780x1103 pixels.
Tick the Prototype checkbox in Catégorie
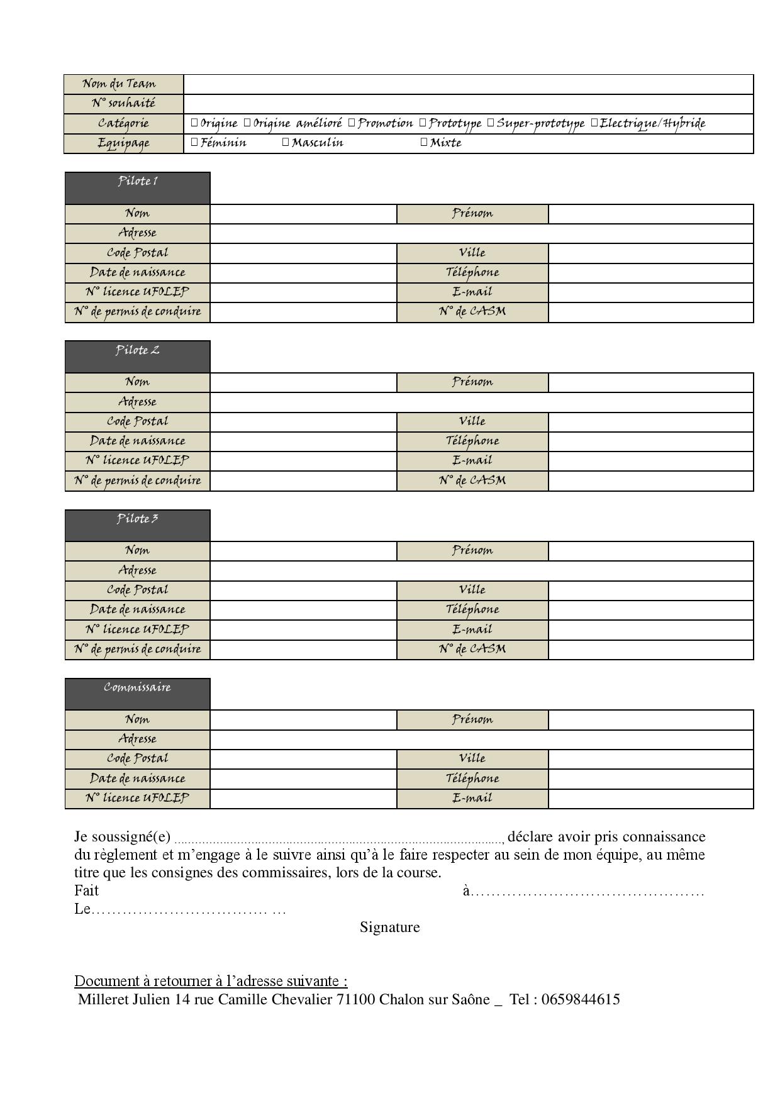[423, 123]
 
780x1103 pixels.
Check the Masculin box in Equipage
[286, 143]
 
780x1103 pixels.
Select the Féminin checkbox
[195, 143]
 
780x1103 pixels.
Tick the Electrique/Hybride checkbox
[594, 123]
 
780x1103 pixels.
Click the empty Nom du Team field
[468, 84]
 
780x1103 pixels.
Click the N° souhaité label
[123, 104]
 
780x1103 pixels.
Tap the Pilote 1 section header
[137, 187]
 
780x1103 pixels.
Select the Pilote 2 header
[137, 356]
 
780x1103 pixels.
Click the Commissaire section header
[137, 694]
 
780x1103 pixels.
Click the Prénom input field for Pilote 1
[650, 214]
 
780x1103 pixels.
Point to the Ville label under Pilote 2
[472, 421]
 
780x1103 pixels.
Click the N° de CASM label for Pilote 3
[472, 649]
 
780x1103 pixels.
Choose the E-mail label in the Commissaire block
[472, 798]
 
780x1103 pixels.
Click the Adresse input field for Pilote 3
[481, 570]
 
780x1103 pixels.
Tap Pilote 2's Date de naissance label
[137, 441]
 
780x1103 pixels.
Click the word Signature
[389, 927]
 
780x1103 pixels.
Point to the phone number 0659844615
[581, 999]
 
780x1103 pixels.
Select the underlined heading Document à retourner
[211, 981]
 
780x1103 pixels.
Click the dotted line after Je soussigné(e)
[338, 840]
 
